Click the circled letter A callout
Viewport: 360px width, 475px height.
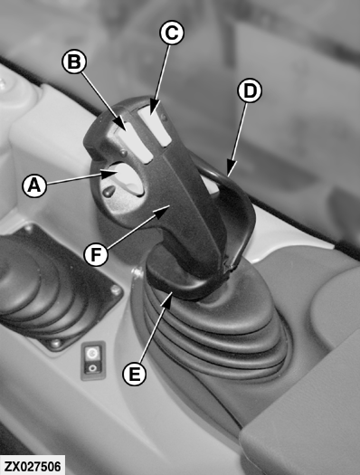[34, 185]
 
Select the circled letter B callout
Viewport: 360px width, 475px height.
[74, 62]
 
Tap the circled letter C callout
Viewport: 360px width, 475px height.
[172, 33]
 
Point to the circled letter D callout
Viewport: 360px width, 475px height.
[250, 90]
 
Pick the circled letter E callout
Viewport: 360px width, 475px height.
[135, 374]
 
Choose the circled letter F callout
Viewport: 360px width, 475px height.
[96, 254]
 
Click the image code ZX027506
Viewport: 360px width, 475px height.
[33, 466]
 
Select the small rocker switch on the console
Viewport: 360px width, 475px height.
[93, 360]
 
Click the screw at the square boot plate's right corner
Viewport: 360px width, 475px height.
[117, 290]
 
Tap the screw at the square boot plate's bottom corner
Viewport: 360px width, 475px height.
[55, 344]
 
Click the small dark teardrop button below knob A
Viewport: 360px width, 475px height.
[109, 191]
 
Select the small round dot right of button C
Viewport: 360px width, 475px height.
[163, 117]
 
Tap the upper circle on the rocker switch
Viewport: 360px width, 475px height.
[91, 353]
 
